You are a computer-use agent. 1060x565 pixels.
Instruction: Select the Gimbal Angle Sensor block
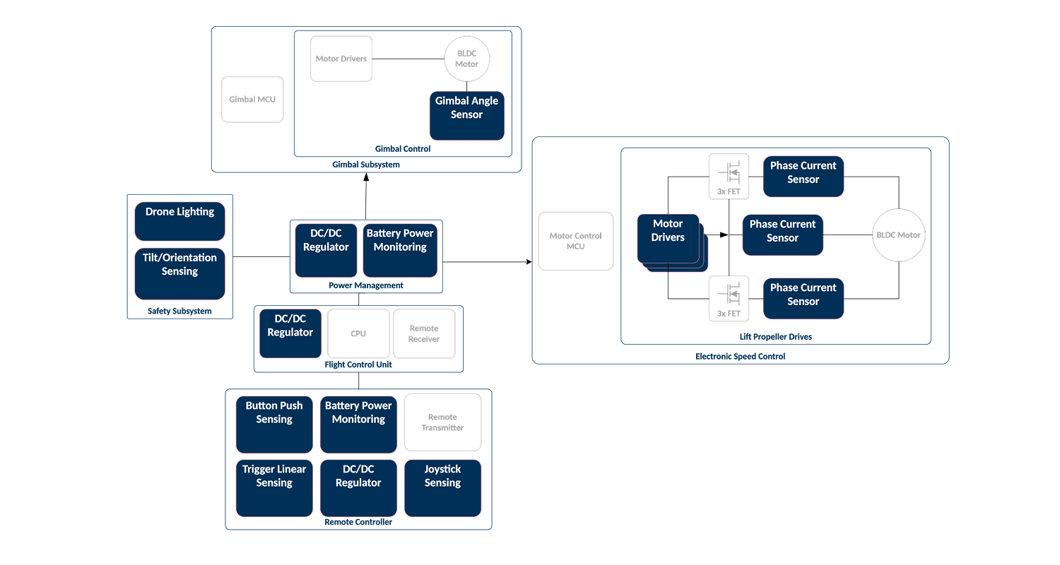[x=467, y=115]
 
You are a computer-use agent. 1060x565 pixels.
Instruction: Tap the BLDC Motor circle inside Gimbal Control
[x=466, y=59]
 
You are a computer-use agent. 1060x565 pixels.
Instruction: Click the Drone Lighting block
[x=179, y=221]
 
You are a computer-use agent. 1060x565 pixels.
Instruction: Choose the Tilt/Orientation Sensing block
[x=179, y=273]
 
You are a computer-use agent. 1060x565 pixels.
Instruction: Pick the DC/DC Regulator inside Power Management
[x=326, y=250]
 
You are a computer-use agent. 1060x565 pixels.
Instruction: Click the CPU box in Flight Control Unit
[x=358, y=333]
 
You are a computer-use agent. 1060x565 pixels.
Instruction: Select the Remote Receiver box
[x=424, y=333]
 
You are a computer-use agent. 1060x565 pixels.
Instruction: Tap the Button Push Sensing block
[x=274, y=424]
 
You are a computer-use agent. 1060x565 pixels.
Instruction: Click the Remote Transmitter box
[x=442, y=422]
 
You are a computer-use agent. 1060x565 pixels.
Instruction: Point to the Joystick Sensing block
[x=442, y=488]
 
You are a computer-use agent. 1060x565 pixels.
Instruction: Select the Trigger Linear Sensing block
[x=274, y=488]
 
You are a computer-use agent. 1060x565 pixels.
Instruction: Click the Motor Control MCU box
[x=576, y=242]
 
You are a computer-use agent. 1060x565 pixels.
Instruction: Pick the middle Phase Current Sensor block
[x=782, y=234]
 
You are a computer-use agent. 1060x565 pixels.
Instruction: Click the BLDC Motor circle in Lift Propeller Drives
[x=899, y=234]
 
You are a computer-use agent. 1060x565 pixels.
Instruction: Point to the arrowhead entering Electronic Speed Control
[x=528, y=262]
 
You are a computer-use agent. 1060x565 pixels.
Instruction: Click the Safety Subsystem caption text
[x=179, y=311]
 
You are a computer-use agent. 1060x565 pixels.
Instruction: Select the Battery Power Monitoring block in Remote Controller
[x=358, y=424]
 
